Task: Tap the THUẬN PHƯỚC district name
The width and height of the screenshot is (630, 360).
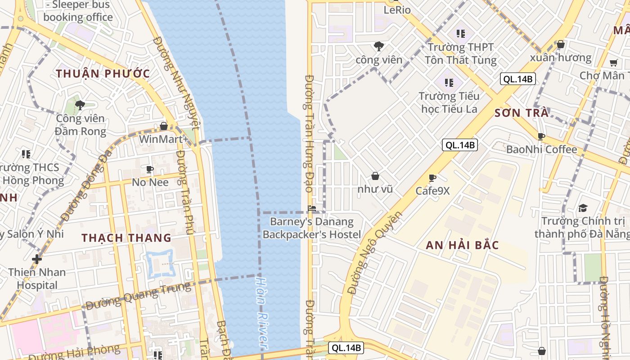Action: tap(103, 74)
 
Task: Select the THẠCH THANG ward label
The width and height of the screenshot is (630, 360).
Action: tap(126, 238)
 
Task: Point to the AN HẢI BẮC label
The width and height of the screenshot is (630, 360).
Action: tap(462, 245)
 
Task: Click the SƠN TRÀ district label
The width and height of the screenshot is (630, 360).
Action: tap(522, 113)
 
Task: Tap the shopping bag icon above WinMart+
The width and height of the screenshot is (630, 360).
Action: tap(164, 126)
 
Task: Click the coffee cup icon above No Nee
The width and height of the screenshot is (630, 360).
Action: tap(150, 169)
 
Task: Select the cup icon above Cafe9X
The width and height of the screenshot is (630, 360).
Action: tap(432, 178)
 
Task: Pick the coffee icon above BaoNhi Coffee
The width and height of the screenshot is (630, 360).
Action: tap(541, 136)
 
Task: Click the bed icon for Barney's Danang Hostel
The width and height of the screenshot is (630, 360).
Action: tap(312, 208)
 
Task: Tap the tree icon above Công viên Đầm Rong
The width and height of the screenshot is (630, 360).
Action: tap(80, 105)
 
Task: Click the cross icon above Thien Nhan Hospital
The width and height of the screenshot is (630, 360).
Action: tap(37, 259)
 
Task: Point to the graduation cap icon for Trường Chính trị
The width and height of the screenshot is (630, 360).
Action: tap(583, 208)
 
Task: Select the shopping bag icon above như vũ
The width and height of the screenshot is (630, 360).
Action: tap(375, 176)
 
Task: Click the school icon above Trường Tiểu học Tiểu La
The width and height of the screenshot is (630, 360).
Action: tap(449, 82)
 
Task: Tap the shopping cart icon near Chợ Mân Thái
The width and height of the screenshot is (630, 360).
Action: tap(613, 63)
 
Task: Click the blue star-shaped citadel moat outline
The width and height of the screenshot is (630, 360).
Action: tap(160, 264)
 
